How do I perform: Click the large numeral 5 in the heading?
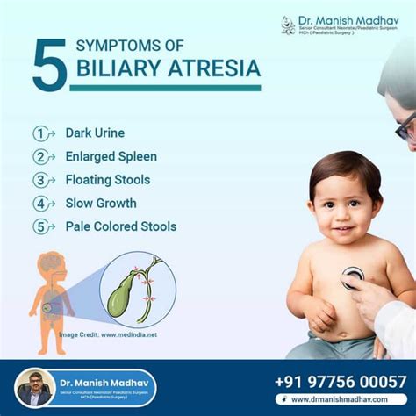pos(50,63)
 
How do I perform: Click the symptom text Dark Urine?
pos(95,133)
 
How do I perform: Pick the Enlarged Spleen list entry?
pos(111,157)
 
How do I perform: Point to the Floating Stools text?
pos(107,180)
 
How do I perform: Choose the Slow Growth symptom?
pos(101,203)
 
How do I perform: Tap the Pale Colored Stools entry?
pos(120,226)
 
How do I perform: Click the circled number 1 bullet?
pos(39,133)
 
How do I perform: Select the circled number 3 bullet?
pos(39,180)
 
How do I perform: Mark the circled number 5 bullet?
pos(39,226)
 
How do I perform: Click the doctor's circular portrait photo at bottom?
pos(35,387)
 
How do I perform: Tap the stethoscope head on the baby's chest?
pos(352,277)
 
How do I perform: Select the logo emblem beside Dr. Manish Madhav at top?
pos(288,25)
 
